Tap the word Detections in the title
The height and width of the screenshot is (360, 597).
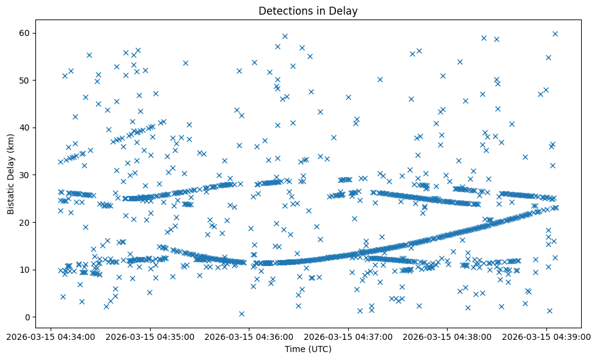[x=282, y=11]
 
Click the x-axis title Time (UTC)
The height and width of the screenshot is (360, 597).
[x=308, y=350]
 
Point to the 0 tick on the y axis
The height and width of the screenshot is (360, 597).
[x=27, y=317]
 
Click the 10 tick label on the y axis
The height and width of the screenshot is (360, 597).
[x=25, y=270]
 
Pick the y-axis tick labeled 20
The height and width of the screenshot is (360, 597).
[x=25, y=222]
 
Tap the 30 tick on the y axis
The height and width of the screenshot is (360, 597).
[x=25, y=175]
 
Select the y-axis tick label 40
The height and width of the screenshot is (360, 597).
[x=25, y=128]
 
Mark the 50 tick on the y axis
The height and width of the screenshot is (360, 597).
[x=25, y=80]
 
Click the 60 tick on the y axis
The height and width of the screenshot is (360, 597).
[x=25, y=33]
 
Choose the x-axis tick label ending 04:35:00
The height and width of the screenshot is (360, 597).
[x=150, y=336]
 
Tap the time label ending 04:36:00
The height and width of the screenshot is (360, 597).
[x=249, y=336]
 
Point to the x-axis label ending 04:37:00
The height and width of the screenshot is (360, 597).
[x=348, y=336]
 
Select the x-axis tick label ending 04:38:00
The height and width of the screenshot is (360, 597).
[x=447, y=336]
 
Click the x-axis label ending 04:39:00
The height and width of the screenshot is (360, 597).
[x=546, y=336]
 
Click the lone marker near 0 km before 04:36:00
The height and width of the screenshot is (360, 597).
[x=241, y=314]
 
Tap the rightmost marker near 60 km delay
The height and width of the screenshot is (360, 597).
[x=555, y=34]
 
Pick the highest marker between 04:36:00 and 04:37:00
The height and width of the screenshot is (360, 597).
[x=285, y=36]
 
